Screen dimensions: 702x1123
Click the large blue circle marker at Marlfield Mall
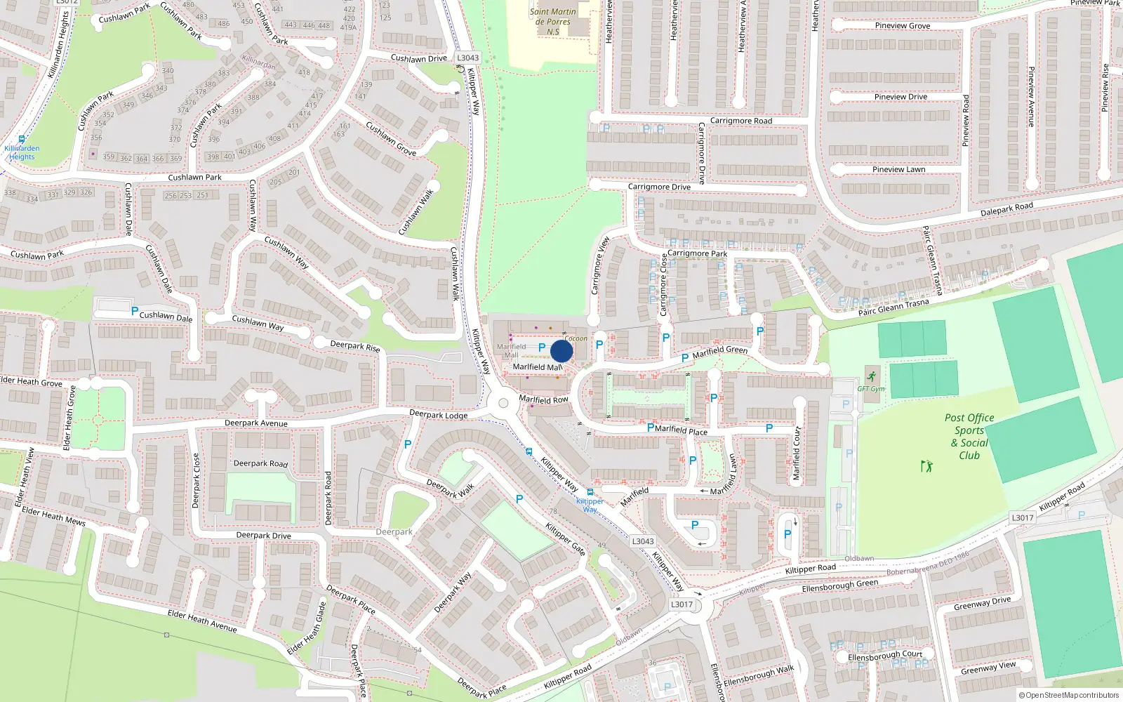[561, 351]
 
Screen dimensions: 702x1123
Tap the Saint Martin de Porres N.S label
[553, 21]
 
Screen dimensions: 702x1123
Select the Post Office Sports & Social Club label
[969, 436]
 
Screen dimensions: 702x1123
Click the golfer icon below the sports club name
[926, 465]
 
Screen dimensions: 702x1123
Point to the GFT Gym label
[871, 389]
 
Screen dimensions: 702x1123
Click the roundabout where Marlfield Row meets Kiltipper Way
[503, 403]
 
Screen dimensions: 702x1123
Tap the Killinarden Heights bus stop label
[22, 152]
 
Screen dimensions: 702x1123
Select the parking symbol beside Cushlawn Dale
[135, 310]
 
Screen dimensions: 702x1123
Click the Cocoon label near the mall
[576, 338]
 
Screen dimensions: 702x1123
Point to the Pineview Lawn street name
[898, 169]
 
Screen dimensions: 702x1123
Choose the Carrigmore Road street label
[740, 121]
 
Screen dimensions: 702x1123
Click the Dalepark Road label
[1006, 209]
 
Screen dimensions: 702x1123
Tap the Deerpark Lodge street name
[438, 415]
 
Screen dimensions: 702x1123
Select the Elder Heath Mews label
[53, 516]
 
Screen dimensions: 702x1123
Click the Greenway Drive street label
[982, 603]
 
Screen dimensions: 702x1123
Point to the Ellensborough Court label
[885, 656]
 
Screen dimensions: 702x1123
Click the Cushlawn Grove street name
[391, 138]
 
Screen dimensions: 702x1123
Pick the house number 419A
[348, 28]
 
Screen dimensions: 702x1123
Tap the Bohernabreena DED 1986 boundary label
[927, 564]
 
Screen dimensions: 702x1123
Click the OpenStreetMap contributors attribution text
[1068, 695]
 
